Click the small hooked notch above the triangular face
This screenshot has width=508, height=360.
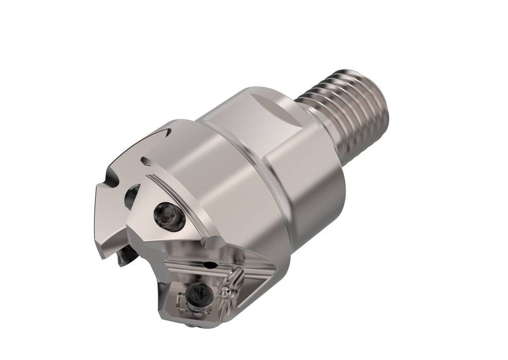click(x=146, y=161)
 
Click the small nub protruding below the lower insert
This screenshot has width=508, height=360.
click(x=191, y=325)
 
